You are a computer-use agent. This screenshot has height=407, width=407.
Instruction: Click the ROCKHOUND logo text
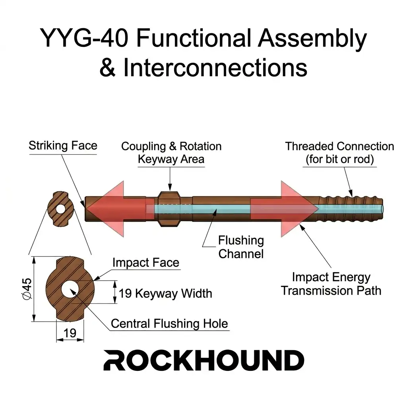tap(203, 360)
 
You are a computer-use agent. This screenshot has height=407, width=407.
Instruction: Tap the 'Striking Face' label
tap(63, 145)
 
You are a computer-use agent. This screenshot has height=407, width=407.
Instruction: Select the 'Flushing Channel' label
tap(241, 247)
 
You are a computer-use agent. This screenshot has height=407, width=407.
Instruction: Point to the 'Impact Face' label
tap(145, 263)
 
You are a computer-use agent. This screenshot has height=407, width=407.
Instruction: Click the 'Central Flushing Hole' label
tap(169, 324)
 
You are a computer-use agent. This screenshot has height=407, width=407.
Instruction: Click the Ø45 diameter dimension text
tap(26, 289)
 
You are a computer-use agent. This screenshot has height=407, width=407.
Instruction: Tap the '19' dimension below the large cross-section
tap(70, 333)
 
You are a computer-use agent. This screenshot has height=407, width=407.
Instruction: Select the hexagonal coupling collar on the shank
tap(170, 209)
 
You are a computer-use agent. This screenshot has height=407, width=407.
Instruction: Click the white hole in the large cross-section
tap(70, 289)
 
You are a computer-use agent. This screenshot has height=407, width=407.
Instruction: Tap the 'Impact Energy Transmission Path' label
tap(331, 284)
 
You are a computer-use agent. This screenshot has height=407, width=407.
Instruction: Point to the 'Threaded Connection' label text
tap(339, 153)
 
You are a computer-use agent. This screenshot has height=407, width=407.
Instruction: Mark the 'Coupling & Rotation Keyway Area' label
tap(171, 153)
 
